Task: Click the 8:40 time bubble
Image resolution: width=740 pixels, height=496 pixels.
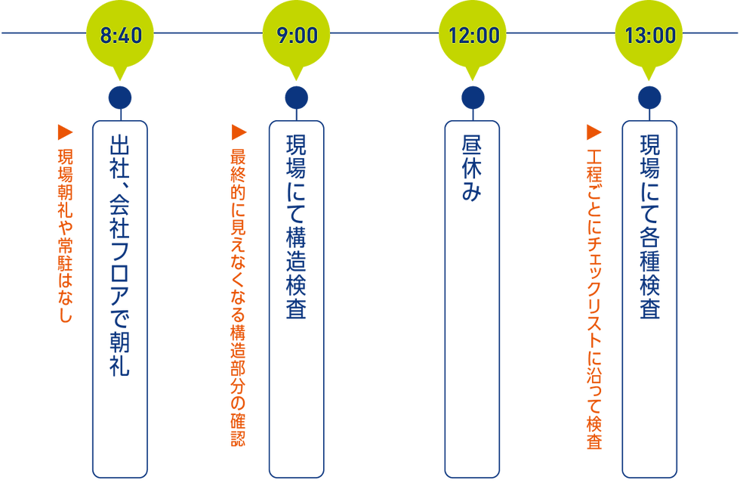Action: [x=121, y=35]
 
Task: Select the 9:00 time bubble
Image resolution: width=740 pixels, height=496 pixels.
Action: [x=297, y=35]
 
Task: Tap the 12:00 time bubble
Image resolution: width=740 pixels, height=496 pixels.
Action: [x=473, y=35]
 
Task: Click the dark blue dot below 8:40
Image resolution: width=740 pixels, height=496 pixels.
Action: [x=120, y=97]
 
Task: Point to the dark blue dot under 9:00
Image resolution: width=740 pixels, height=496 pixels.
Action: [x=296, y=97]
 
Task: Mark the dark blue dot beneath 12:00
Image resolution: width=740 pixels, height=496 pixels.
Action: [x=473, y=97]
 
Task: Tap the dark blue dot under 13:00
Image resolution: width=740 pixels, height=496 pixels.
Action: [x=649, y=97]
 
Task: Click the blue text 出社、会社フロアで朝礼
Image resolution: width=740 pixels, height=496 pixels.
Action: [x=120, y=253]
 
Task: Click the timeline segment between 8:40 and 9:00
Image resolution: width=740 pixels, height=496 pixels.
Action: [x=208, y=33]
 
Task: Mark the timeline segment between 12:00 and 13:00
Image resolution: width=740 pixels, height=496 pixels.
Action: [x=560, y=33]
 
